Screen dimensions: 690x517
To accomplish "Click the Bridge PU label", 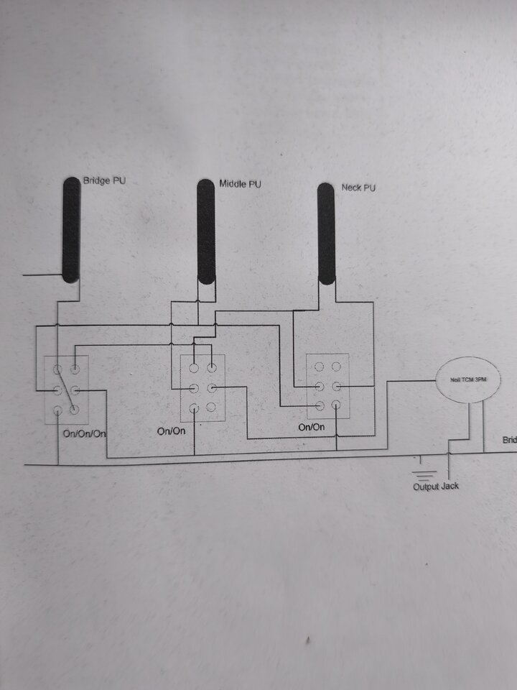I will point(104,180).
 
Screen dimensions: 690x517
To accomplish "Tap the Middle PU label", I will point(239,185).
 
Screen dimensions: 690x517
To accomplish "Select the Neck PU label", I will point(358,188).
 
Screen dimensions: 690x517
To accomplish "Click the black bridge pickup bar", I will point(70,230).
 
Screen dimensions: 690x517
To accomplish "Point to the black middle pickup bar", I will point(206,233).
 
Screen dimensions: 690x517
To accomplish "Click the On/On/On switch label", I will point(85,434).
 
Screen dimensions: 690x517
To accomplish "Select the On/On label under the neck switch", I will point(311,427).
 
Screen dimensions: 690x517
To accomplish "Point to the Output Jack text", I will point(436,487).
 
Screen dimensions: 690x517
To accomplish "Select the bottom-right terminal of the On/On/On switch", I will point(75,409).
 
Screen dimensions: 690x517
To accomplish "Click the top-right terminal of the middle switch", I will point(212,368).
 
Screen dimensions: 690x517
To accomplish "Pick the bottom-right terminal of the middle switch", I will point(212,407).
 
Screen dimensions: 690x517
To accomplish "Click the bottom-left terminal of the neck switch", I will point(319,405).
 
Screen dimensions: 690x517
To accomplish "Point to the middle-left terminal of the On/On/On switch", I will point(57,390).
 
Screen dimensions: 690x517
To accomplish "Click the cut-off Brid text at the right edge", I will point(509,440).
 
